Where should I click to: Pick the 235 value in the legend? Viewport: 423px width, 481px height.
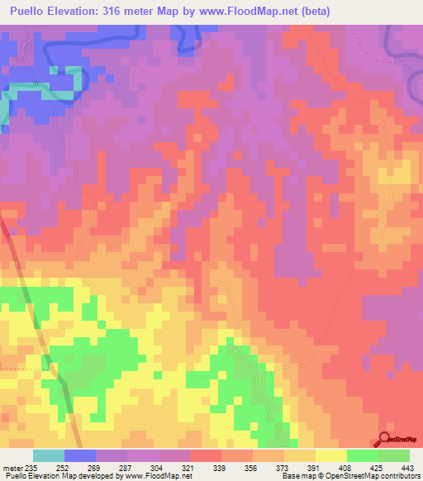(x=33, y=467)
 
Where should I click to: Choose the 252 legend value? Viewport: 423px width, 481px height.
(x=64, y=467)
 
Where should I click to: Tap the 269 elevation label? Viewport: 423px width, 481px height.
(x=96, y=467)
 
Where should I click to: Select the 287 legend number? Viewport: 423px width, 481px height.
(x=127, y=467)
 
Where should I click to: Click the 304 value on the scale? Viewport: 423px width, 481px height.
(x=159, y=467)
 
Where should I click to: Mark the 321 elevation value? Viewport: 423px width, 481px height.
(x=190, y=467)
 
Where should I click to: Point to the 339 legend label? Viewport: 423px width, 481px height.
(x=221, y=467)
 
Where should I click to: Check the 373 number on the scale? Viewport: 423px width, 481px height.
(x=284, y=467)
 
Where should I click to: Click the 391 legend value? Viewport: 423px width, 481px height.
(x=316, y=467)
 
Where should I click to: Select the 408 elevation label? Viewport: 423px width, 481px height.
(x=347, y=467)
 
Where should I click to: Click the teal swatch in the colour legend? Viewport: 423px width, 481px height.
(x=49, y=455)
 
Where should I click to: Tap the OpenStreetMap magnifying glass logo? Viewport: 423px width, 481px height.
(x=385, y=439)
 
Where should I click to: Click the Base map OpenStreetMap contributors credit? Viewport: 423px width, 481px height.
(x=349, y=476)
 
